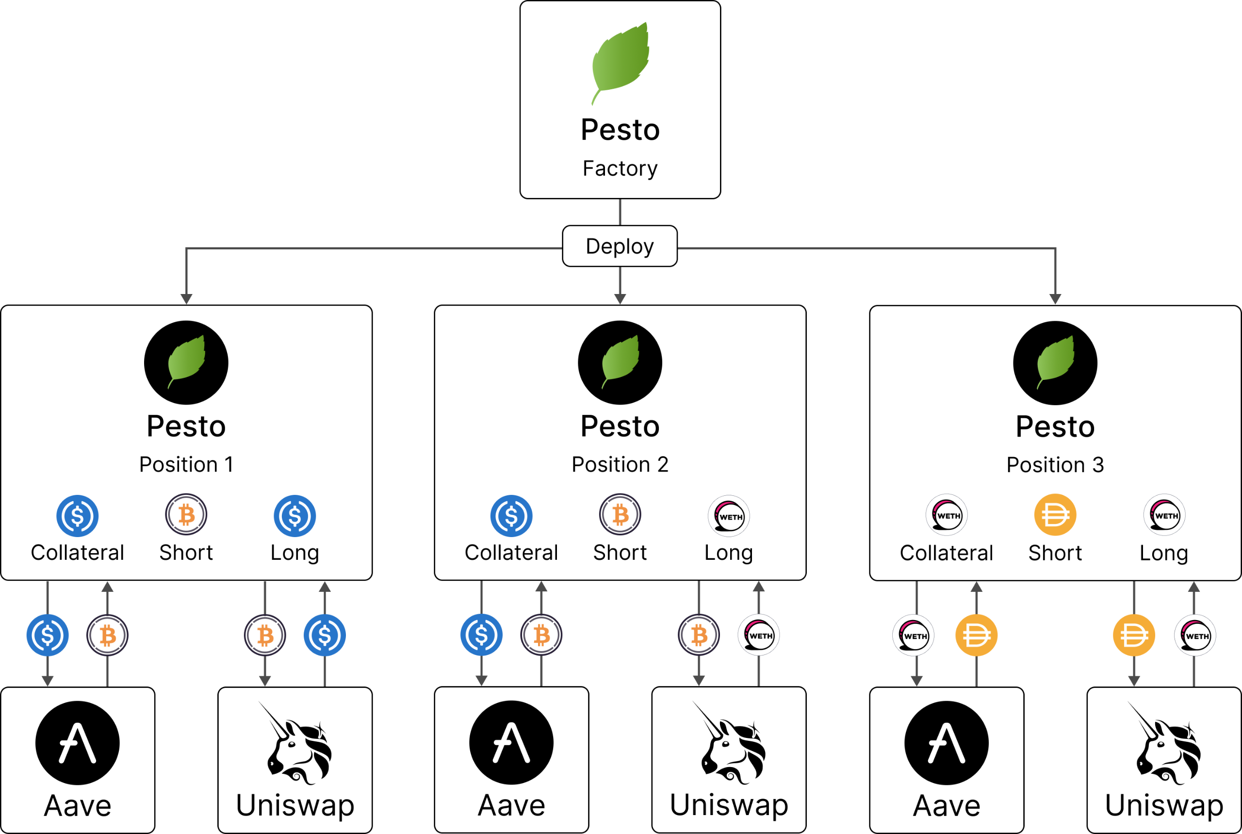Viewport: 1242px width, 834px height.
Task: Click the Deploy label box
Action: pos(620,246)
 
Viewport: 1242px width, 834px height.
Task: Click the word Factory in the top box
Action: pos(620,169)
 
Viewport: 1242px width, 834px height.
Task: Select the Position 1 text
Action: pos(186,464)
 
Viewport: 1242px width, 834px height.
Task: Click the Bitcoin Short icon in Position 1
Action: pos(186,515)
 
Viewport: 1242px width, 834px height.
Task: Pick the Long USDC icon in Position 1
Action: pos(294,515)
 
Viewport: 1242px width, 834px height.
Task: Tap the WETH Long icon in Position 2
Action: pos(729,515)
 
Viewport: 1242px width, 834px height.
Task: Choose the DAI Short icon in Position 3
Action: pos(1055,515)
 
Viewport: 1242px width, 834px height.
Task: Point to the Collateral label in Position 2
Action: pos(511,553)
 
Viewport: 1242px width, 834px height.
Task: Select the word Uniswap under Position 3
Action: pos(1164,805)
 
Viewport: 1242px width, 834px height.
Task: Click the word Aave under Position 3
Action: pos(946,805)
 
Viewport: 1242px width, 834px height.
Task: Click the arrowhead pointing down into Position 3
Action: pos(1055,299)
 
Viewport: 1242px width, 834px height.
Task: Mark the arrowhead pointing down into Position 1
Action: pos(186,299)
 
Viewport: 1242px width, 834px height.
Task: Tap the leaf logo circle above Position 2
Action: pos(620,363)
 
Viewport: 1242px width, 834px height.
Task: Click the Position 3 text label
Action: pos(1055,465)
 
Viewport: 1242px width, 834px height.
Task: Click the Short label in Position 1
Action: pos(186,553)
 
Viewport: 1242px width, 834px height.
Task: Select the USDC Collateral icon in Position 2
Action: pos(511,515)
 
